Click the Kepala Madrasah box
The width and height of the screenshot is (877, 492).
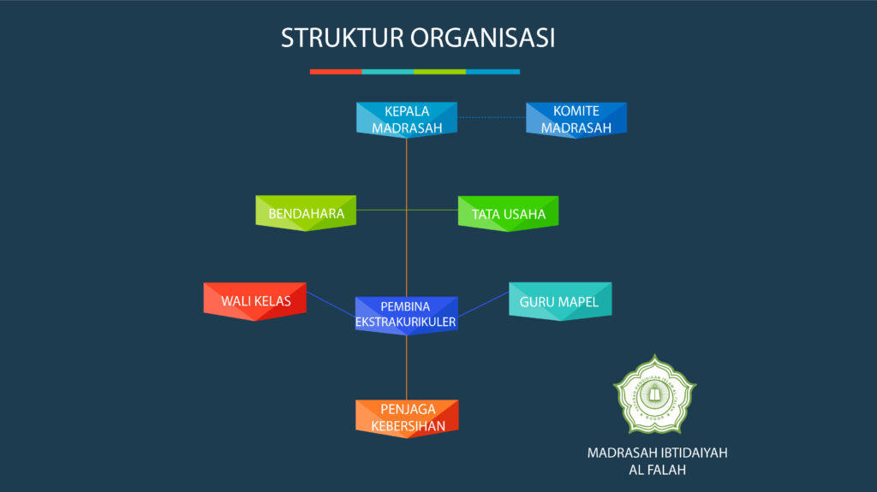[406, 120]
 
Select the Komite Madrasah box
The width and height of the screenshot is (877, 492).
[576, 120]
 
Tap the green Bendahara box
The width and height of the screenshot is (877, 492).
[306, 213]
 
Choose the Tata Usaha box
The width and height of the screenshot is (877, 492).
[508, 214]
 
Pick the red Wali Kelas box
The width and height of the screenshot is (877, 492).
[255, 301]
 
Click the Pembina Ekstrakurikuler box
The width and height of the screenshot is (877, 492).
[406, 314]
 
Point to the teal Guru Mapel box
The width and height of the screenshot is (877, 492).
[559, 301]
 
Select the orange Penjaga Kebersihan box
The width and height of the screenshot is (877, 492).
[407, 418]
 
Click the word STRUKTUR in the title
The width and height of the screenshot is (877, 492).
[342, 39]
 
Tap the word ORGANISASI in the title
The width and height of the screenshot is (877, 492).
[483, 39]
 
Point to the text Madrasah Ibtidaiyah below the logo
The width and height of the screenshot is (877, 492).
[657, 453]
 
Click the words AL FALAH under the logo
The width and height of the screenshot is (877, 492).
[657, 470]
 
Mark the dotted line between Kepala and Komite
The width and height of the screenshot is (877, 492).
[492, 117]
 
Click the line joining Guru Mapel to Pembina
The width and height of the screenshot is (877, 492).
[483, 304]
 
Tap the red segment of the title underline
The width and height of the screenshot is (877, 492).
[336, 72]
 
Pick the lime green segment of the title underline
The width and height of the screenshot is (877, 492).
[439, 72]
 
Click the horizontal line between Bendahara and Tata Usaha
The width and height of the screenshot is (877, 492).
[407, 209]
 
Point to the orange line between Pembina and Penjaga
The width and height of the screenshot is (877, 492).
[406, 366]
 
